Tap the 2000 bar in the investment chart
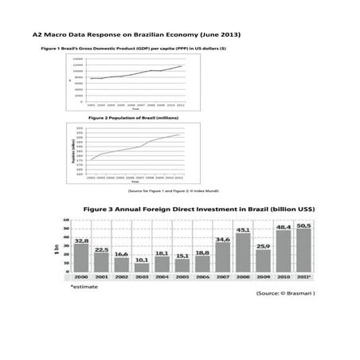point(81,258)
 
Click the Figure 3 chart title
point(199,209)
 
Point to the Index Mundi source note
point(173,191)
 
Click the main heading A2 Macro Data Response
point(135,35)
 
